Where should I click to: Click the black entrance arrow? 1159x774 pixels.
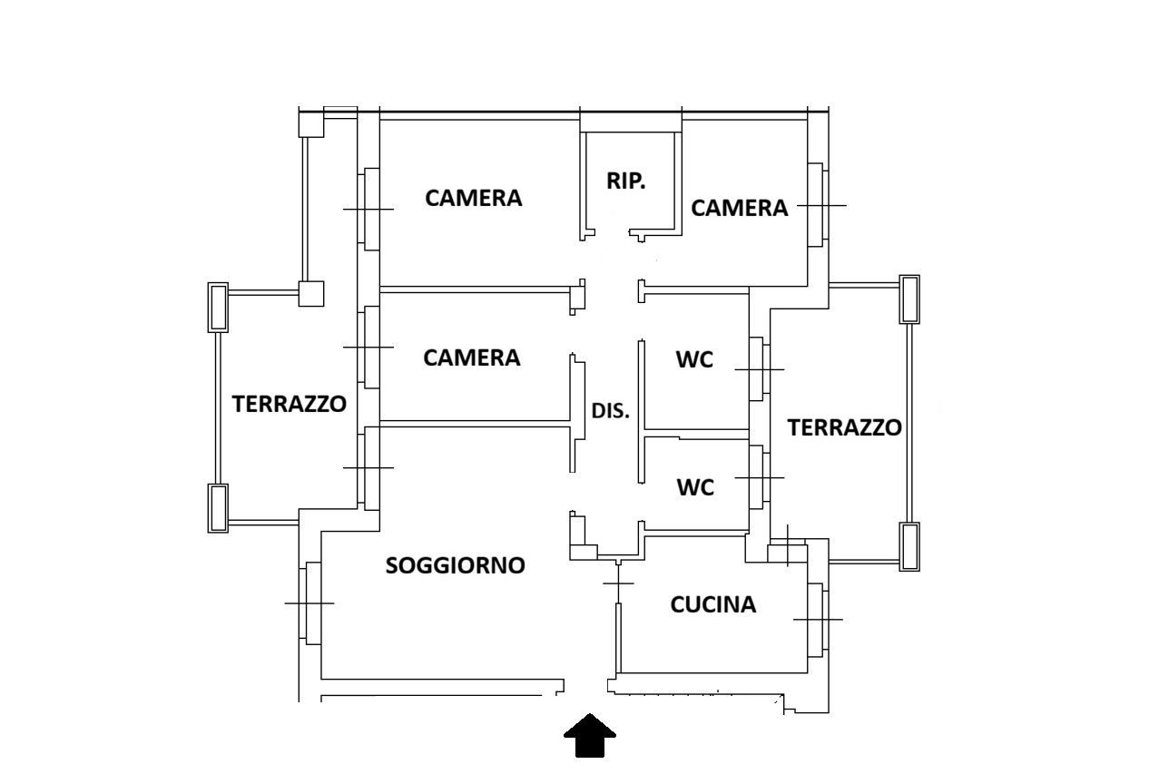(590, 735)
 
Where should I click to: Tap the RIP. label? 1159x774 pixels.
(626, 181)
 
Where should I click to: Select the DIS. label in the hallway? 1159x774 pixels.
(611, 410)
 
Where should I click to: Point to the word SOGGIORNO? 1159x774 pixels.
(456, 565)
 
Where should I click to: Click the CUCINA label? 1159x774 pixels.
(713, 604)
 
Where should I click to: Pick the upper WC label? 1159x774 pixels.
(694, 359)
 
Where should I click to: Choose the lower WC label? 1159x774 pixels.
(696, 487)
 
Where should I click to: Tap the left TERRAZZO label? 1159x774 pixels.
(290, 404)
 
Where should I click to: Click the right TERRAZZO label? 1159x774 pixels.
(845, 427)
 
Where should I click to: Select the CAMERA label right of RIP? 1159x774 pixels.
(740, 208)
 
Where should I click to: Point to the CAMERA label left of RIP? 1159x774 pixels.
(474, 198)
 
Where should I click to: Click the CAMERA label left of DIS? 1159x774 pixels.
(472, 358)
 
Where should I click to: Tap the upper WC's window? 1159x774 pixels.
(758, 369)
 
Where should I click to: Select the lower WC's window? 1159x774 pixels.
(758, 476)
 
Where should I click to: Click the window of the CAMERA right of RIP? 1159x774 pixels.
(818, 205)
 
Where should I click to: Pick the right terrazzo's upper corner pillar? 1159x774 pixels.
(909, 299)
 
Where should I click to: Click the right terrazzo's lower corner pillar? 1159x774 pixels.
(909, 546)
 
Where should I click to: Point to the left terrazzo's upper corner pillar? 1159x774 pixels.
(218, 308)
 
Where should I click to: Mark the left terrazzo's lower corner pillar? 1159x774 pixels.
(218, 508)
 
